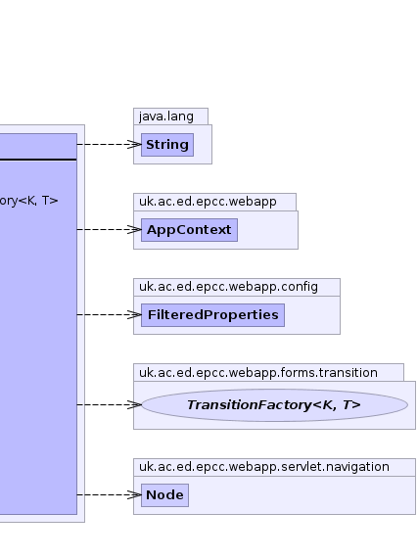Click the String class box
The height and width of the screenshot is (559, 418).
tap(167, 145)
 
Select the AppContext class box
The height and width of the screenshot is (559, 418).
tap(189, 230)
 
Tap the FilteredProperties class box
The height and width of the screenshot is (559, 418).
tap(212, 315)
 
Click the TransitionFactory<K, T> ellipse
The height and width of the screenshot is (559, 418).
tap(274, 405)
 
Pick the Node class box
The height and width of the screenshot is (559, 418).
tap(164, 495)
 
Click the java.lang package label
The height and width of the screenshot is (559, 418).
tap(166, 116)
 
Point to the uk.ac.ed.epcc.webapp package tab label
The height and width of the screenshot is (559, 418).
tap(208, 202)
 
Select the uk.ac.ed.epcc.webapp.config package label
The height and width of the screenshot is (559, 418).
tap(228, 287)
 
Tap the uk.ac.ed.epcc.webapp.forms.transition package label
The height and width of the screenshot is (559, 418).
tap(258, 373)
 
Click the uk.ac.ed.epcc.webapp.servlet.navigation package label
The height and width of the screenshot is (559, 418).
tap(264, 467)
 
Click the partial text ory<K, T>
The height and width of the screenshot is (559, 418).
tap(28, 201)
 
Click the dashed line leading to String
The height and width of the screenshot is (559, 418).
tap(109, 144)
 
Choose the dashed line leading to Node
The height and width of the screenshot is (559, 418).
tap(109, 494)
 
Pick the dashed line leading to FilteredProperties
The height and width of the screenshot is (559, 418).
tap(109, 315)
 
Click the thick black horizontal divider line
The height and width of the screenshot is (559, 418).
tap(38, 160)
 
